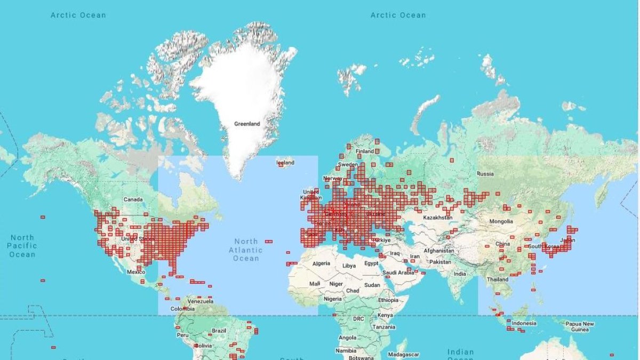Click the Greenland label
(247, 124)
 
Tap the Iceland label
(285, 162)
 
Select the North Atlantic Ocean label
(246, 250)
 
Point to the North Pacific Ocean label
(22, 246)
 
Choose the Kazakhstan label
(437, 218)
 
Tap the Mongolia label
(501, 221)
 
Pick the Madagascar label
(403, 355)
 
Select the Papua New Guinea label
(580, 326)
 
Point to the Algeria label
(321, 263)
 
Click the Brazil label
(219, 331)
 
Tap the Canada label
(133, 199)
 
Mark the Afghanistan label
(439, 251)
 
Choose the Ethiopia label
(388, 300)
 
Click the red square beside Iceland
(281, 165)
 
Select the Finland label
(365, 151)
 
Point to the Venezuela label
(201, 301)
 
